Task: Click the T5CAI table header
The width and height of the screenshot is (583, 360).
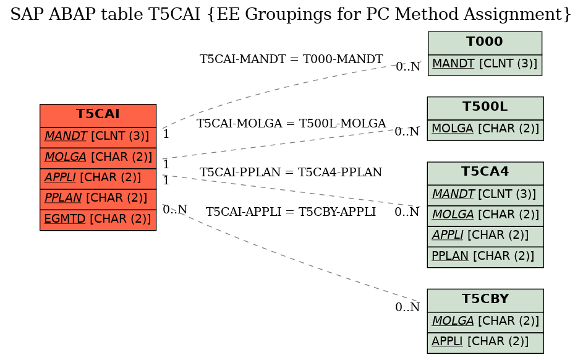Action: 98,116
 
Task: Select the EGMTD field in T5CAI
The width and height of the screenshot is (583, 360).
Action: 98,220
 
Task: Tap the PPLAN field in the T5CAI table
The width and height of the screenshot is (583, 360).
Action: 98,200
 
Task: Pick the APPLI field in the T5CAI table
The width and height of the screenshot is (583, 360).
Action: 98,179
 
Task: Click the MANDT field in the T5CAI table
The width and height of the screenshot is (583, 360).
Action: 98,137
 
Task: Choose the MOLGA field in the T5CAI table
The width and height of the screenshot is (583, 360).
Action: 98,158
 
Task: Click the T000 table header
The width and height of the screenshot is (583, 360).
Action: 485,43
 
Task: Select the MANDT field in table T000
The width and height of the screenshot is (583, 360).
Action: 485,65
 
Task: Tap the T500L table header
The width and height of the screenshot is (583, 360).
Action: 485,108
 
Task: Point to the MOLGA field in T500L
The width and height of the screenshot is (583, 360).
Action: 485,130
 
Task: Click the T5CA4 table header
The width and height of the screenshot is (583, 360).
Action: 485,173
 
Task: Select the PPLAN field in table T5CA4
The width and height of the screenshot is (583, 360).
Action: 485,257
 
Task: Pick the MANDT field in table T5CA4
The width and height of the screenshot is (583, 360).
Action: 485,195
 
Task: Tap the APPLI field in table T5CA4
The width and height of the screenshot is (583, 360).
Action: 485,236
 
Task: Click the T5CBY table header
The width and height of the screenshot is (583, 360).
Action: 485,301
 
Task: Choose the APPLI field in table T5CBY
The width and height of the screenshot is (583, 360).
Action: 485,343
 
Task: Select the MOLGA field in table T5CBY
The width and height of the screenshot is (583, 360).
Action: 485,322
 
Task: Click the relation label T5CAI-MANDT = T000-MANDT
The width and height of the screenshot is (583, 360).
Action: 291,59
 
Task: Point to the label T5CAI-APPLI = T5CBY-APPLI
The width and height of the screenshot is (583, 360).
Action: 291,212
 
